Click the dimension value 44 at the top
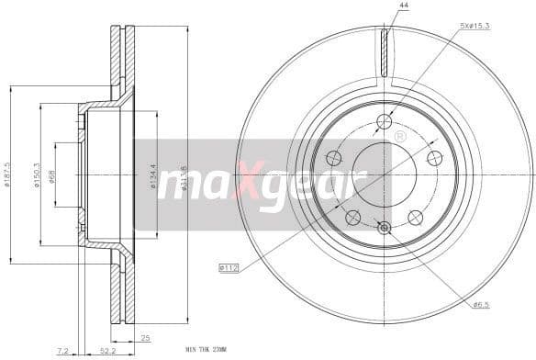(x=402, y=6)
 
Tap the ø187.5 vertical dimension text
(x=7, y=173)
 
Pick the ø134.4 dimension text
(x=153, y=174)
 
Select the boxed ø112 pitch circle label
(x=229, y=267)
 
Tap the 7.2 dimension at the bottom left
(x=61, y=352)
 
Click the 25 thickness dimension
(x=144, y=339)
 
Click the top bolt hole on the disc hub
(x=384, y=121)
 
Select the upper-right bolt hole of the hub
(x=434, y=158)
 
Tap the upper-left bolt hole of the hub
(x=333, y=158)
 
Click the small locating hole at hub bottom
(x=384, y=228)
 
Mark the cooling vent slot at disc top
(x=385, y=53)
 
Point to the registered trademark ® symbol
(x=399, y=136)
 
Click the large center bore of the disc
(x=384, y=174)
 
